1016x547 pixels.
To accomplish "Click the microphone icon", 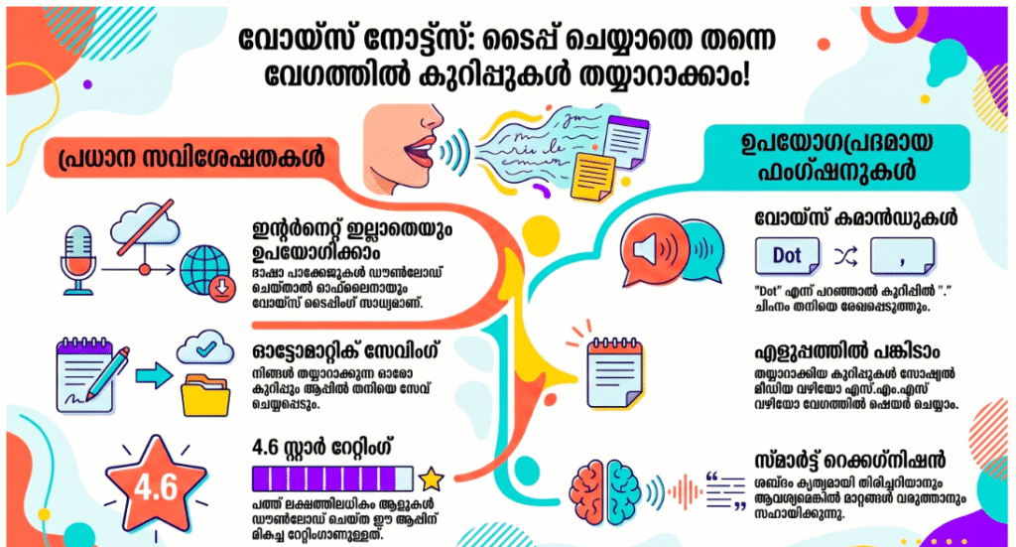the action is point(77,260).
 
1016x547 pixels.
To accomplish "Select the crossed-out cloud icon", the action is point(145,225).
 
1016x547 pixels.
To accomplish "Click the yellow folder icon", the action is point(204,395).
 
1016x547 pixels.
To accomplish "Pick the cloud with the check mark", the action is point(205,349).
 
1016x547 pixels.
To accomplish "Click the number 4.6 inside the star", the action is point(156,487).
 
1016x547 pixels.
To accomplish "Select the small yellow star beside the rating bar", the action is point(431,479).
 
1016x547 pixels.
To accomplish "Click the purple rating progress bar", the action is point(332,479).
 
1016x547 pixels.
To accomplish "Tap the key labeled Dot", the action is point(787,256).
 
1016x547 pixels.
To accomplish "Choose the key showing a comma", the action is point(902,256).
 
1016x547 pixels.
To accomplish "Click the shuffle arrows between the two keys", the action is point(845,257).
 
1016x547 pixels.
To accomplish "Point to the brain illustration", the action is point(605,492).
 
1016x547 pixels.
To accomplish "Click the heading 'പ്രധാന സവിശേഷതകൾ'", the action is point(191,158).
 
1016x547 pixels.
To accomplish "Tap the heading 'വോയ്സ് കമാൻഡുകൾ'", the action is point(856,217).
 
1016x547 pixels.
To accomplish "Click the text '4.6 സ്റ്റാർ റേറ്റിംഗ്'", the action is point(322,447).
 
